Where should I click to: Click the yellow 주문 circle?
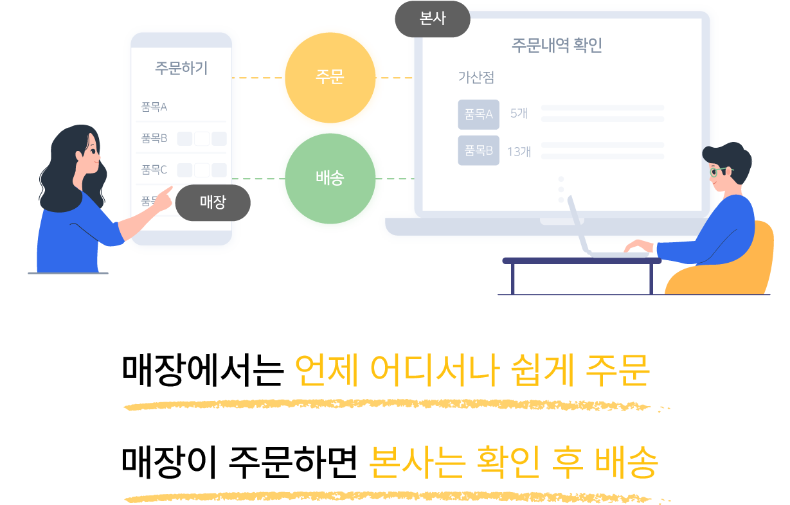point(330,78)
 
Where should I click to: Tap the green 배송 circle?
point(330,179)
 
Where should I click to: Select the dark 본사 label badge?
point(432,19)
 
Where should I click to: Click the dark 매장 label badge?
point(213,202)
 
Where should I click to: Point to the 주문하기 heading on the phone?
point(181,68)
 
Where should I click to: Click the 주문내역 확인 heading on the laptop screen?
point(557,46)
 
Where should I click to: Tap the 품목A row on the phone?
point(154,107)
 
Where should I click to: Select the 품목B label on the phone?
point(154,138)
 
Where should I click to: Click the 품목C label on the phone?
point(154,170)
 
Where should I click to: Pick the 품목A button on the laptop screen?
point(478,114)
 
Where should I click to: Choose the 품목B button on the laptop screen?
point(478,151)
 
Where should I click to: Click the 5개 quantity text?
point(519,114)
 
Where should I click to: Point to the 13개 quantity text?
point(519,152)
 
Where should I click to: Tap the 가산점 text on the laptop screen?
point(476,77)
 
